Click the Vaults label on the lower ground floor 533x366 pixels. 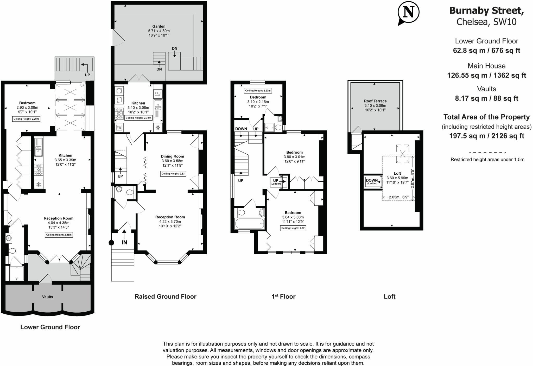[48, 297]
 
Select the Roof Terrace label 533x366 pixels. [375, 101]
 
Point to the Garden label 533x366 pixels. [159, 26]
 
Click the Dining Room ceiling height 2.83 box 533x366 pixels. [173, 174]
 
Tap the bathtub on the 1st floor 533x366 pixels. [249, 223]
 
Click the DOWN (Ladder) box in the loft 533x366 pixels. [372, 181]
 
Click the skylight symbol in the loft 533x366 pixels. [402, 154]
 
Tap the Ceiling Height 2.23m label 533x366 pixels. [258, 91]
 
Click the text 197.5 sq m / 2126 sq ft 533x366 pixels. [486, 136]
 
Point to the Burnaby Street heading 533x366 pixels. [486, 11]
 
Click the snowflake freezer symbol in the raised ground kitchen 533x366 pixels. [158, 128]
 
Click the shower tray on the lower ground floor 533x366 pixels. [16, 273]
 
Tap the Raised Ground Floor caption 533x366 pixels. [165, 296]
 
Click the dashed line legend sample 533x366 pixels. [487, 153]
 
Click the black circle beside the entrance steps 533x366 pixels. [111, 243]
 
